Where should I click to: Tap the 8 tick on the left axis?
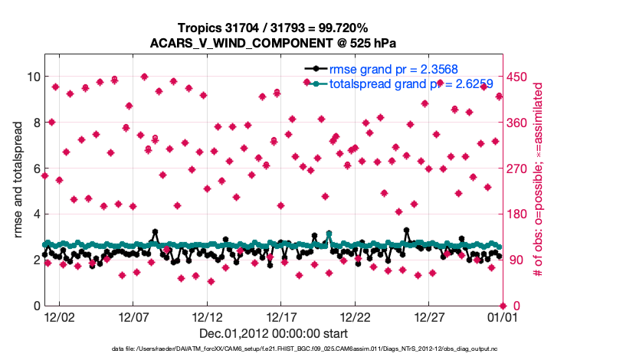(34, 123)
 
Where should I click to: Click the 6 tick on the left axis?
(34, 169)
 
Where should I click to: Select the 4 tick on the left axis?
(34, 214)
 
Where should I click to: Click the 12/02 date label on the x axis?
(59, 316)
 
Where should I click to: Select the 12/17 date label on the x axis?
(281, 316)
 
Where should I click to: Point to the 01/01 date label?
(501, 316)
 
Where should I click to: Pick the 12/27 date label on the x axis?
(429, 316)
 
